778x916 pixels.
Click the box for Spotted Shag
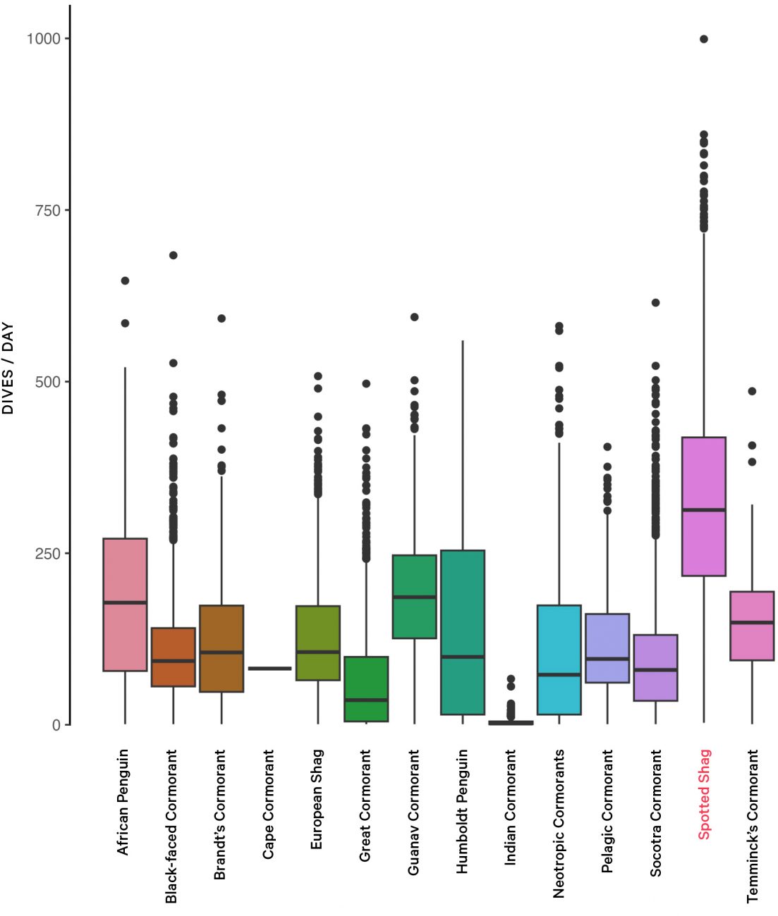(x=703, y=506)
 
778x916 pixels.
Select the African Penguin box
(x=125, y=605)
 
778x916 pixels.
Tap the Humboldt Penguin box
(x=463, y=632)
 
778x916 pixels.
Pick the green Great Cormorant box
(x=366, y=688)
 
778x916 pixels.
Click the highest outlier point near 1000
(x=703, y=39)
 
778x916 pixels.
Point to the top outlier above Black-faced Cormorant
(x=173, y=255)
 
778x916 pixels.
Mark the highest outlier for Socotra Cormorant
(x=655, y=302)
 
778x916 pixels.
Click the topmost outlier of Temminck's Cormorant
(x=752, y=391)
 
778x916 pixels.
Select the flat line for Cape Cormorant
(x=269, y=668)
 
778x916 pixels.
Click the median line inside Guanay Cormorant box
(x=414, y=597)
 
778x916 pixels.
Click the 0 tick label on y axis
(x=56, y=725)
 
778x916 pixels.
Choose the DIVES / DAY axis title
(x=8, y=368)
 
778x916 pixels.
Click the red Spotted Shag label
(x=704, y=794)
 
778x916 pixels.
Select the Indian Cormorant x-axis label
(x=511, y=807)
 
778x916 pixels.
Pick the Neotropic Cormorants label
(x=559, y=823)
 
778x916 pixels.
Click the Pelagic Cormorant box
(x=607, y=648)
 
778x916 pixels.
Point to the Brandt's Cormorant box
(x=221, y=648)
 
